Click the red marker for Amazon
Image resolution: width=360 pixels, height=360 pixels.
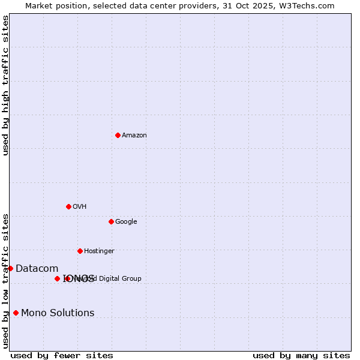[x=118, y=135]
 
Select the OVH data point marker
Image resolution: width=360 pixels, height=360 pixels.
[x=68, y=206]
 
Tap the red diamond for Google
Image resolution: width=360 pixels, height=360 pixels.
[x=111, y=221]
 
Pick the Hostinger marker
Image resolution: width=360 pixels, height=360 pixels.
[x=80, y=251]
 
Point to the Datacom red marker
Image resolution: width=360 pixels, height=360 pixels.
[x=10, y=268]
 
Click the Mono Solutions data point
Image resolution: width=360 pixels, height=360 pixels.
[x=16, y=313]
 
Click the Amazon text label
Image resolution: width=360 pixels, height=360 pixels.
[x=134, y=136]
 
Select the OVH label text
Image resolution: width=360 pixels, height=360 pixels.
[x=80, y=207]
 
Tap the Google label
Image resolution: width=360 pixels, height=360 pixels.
[x=126, y=222]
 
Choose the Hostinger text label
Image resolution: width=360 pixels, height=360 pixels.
[x=99, y=251]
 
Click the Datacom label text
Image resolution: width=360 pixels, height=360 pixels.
[x=37, y=269]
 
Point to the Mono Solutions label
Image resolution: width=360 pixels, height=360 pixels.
[x=58, y=313]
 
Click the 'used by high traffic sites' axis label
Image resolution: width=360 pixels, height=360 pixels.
[x=6, y=86]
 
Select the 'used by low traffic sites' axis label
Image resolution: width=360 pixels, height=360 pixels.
[x=6, y=281]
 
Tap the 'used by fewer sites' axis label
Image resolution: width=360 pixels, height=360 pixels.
[x=62, y=356]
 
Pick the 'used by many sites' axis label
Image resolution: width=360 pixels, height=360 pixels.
[x=301, y=356]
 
